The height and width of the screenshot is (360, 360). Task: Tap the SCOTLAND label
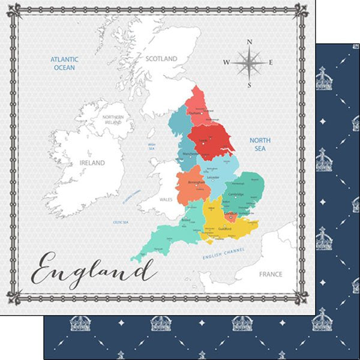(x=161, y=59)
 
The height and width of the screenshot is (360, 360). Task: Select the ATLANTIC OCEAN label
(x=65, y=64)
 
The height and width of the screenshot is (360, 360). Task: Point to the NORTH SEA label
(x=260, y=144)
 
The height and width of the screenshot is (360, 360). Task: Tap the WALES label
(x=166, y=199)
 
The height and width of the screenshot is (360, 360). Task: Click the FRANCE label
(x=270, y=274)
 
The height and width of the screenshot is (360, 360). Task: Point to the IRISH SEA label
(x=152, y=146)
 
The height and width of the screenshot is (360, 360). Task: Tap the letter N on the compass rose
(x=250, y=41)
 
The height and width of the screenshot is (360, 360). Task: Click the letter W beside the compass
(x=226, y=62)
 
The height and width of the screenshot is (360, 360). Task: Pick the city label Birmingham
(x=196, y=182)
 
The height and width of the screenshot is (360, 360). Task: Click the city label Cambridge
(x=236, y=194)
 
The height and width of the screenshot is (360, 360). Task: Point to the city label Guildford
(x=225, y=229)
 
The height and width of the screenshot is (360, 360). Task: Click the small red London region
(x=230, y=215)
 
